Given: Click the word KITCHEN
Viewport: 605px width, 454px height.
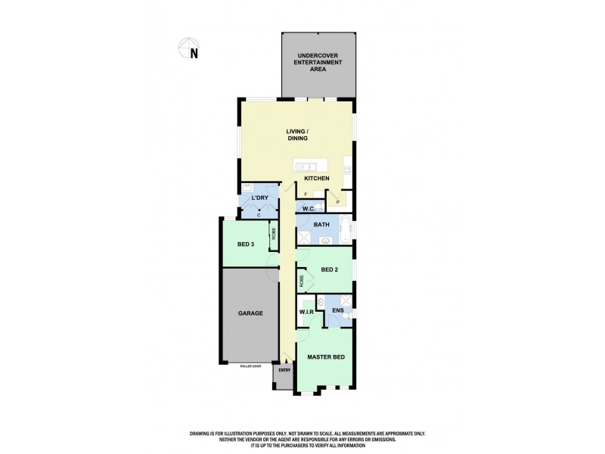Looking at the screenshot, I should [317, 179].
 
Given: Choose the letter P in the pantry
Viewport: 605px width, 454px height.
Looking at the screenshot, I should [337, 201].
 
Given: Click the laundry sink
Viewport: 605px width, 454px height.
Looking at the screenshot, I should [248, 189].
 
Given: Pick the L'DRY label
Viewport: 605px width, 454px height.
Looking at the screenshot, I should [259, 199].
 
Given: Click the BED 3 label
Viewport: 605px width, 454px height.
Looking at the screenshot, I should [244, 244].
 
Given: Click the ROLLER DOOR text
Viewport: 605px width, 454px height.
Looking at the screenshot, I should [249, 365].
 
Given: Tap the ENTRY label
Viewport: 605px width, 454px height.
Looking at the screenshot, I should [284, 370].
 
